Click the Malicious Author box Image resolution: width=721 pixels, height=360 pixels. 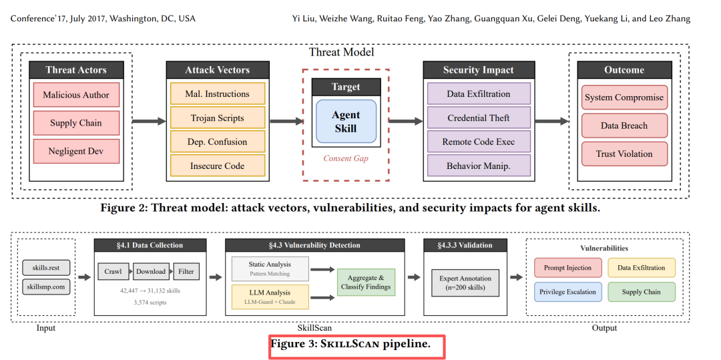[x=76, y=95]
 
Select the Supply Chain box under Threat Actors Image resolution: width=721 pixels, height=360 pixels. [x=76, y=123]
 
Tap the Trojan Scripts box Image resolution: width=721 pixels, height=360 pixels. [x=218, y=118]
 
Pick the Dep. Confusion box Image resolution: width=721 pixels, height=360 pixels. [x=218, y=142]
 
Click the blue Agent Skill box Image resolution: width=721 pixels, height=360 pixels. [x=345, y=122]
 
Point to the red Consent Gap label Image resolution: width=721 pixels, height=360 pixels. [x=346, y=158]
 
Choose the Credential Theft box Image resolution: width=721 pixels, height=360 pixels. [x=479, y=118]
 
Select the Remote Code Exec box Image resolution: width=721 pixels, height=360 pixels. [x=479, y=142]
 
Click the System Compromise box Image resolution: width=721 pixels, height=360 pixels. [x=624, y=98]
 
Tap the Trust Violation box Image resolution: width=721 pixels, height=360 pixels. [x=624, y=154]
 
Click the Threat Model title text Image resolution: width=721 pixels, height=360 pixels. [x=342, y=52]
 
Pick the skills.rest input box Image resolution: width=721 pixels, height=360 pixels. [x=46, y=268]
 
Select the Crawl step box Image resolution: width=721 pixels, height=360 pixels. [x=113, y=272]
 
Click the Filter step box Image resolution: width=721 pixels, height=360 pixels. [x=186, y=272]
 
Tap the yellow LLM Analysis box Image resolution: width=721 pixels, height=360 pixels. [x=270, y=295]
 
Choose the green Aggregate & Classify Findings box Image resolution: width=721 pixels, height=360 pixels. [x=367, y=282]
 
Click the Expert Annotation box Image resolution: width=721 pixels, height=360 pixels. [x=466, y=283]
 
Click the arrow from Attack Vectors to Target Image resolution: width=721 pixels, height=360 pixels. [x=284, y=121]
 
